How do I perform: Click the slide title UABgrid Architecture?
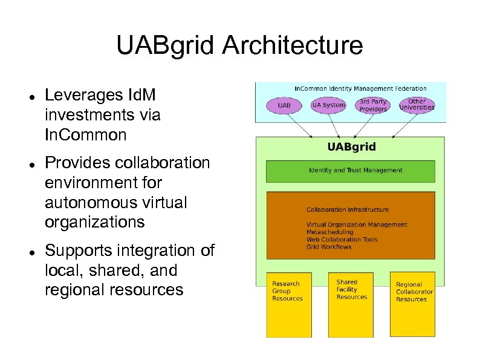coord(239,45)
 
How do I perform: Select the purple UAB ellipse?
coord(284,105)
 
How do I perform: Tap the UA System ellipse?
coord(328,105)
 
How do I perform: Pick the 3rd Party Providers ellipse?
coord(373,105)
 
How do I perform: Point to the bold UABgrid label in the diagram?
coord(351,147)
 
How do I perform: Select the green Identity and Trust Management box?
coord(350,171)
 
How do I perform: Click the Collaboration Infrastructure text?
coord(347,210)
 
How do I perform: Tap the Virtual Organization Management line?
coord(357,225)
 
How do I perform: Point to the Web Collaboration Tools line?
coord(342,240)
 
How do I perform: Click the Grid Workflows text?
coord(329,247)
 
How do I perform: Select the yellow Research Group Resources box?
coord(290,304)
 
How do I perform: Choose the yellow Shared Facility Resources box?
coord(351,304)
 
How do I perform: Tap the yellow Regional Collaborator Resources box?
coord(413,304)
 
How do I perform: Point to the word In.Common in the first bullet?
coord(85,135)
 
